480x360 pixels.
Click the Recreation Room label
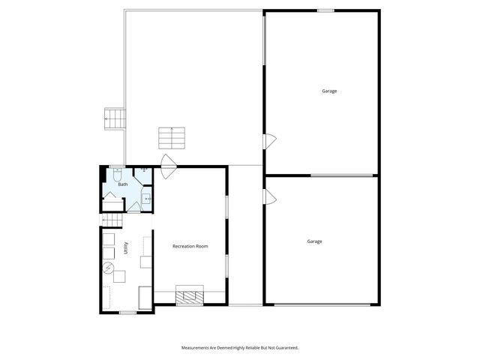(x=190, y=246)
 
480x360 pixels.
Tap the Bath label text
(x=123, y=184)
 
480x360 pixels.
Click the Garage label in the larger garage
(x=329, y=91)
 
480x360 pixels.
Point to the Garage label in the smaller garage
(x=314, y=241)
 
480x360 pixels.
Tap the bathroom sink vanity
(x=147, y=199)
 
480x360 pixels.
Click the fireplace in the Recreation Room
(x=189, y=295)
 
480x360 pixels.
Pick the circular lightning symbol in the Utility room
(x=108, y=267)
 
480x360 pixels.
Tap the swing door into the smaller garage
(x=270, y=196)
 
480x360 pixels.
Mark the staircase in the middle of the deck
(x=171, y=137)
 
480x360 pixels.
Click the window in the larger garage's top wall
(x=325, y=10)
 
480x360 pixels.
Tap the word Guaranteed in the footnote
(x=286, y=348)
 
